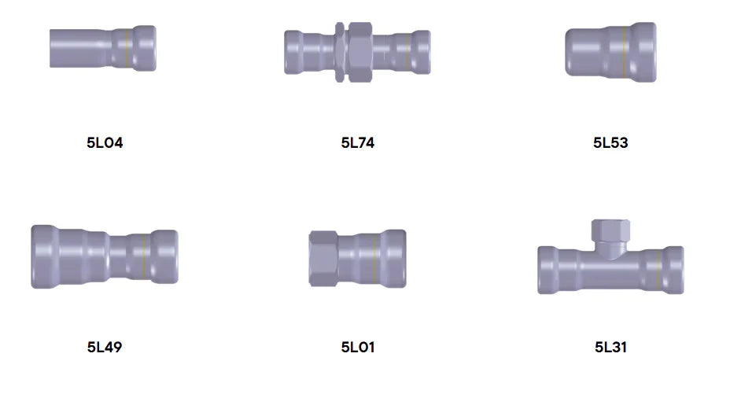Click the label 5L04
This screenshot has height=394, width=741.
pyautogui.click(x=105, y=142)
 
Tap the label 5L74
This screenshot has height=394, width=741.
pyautogui.click(x=358, y=142)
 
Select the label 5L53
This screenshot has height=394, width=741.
pyautogui.click(x=610, y=142)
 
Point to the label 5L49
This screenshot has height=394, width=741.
pyautogui.click(x=105, y=348)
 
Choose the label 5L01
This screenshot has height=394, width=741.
pyautogui.click(x=358, y=348)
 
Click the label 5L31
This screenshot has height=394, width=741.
pyautogui.click(x=610, y=348)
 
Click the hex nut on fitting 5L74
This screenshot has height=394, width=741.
pyautogui.click(x=360, y=52)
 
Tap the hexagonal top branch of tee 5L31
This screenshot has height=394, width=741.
pyautogui.click(x=610, y=231)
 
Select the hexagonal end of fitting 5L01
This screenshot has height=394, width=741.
pyautogui.click(x=323, y=259)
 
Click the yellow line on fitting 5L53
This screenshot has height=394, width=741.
pyautogui.click(x=624, y=52)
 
